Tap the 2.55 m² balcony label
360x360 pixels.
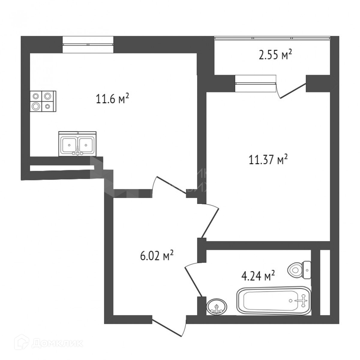coord(275,55)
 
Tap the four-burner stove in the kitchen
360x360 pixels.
coord(43,101)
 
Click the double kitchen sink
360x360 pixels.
coord(78,144)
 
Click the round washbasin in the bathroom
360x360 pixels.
coord(217,306)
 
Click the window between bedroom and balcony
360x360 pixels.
coord(255,83)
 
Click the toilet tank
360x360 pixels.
coord(307,269)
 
